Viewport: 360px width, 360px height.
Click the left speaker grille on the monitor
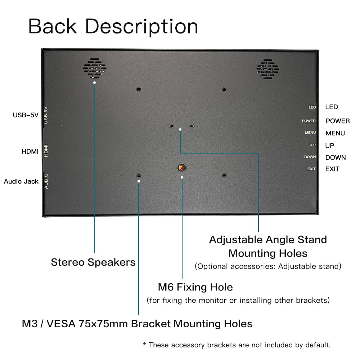click(x=95, y=68)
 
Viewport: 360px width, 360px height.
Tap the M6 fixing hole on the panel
click(x=182, y=168)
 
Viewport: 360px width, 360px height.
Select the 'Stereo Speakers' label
click(x=93, y=262)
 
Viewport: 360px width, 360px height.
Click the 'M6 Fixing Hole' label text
click(x=195, y=287)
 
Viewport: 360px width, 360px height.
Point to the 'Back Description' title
click(x=113, y=26)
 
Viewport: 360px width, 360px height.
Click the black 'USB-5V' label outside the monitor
click(x=26, y=115)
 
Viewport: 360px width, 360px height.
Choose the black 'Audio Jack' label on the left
click(x=21, y=181)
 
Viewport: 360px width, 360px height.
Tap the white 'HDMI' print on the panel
click(x=46, y=150)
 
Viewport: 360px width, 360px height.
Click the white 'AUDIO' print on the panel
click(x=46, y=181)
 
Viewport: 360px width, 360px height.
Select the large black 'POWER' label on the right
click(x=337, y=121)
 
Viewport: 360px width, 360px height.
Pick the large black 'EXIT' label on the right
click(x=332, y=169)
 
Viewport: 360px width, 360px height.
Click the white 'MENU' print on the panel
click(x=310, y=133)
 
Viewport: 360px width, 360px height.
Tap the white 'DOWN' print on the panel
click(x=310, y=157)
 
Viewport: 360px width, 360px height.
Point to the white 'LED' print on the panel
click(x=312, y=107)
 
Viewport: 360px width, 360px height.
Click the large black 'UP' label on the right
click(x=329, y=145)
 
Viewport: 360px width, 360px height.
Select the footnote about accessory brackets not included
click(x=237, y=345)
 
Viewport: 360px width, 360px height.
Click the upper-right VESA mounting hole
click(x=224, y=89)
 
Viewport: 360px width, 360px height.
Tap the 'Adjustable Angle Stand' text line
click(x=268, y=240)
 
